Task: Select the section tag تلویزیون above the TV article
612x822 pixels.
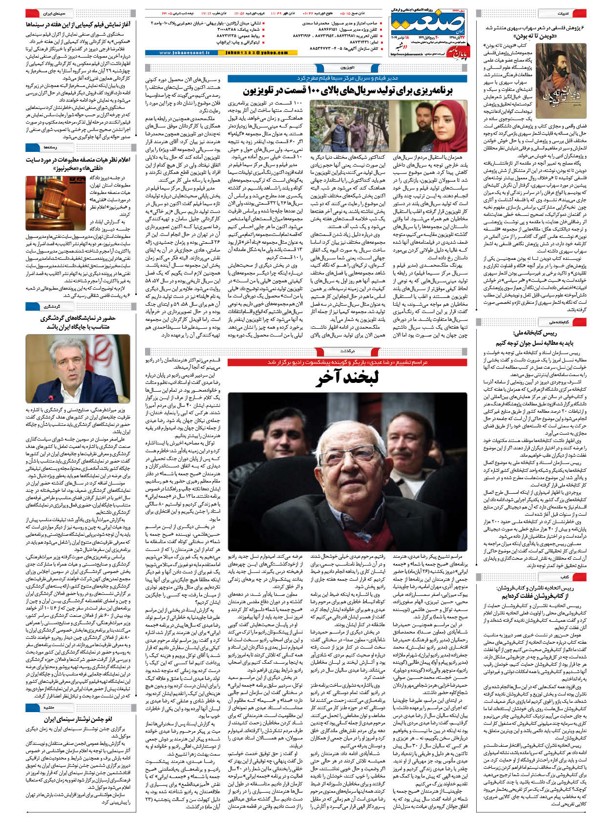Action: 347,68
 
